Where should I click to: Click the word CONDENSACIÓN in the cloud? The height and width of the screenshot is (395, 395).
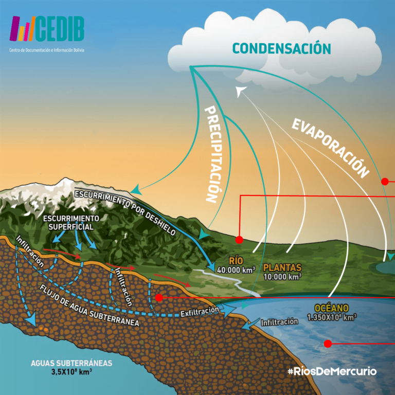281,48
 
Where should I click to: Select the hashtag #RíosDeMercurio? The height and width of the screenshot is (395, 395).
332,371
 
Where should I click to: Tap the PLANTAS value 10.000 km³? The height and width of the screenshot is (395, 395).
282,276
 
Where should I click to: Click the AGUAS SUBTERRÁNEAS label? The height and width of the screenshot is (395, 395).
71,363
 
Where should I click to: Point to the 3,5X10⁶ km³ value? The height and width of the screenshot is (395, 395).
71,371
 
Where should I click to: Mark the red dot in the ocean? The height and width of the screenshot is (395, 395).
327,343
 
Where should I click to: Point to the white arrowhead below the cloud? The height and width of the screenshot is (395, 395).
240,91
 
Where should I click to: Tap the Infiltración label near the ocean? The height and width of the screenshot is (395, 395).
279,322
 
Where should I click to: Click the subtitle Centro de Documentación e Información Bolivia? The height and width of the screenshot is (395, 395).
46,50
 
